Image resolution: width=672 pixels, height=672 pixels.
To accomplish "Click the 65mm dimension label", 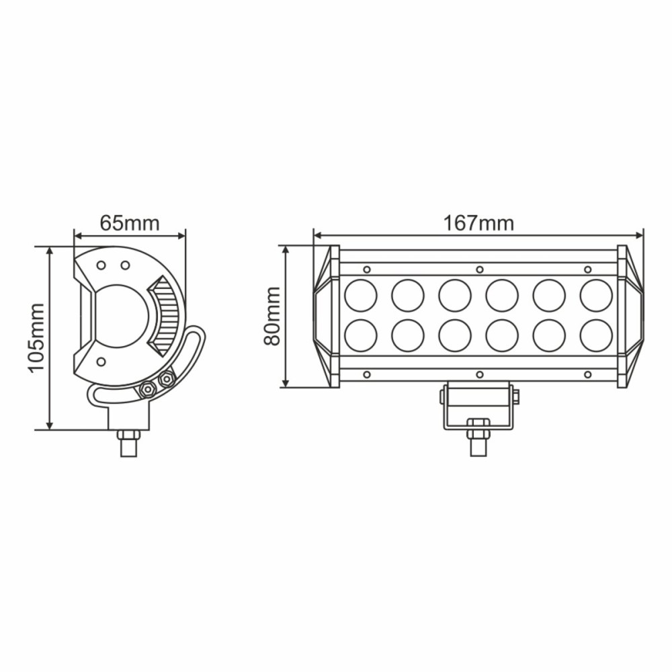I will coord(130,223).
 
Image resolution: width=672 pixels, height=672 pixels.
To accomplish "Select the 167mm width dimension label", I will coord(478,223).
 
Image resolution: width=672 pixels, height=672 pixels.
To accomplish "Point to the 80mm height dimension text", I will coord(272,316).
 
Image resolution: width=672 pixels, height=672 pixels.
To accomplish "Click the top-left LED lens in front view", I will coord(361,296).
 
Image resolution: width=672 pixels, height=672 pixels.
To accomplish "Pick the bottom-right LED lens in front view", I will coord(596,335).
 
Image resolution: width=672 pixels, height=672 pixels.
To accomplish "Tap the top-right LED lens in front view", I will coord(596,296).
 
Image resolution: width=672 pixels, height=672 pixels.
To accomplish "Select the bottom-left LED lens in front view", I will coord(361,335).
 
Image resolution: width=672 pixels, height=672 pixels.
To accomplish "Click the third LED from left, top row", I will coord(455,296).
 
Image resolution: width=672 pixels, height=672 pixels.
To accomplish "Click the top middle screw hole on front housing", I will coord(479,269).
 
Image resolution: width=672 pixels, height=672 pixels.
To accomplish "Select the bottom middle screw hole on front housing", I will coord(479,374).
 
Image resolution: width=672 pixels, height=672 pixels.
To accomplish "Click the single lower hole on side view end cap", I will coord(100,362).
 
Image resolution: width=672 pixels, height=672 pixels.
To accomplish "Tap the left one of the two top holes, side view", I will coord(101,265).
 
